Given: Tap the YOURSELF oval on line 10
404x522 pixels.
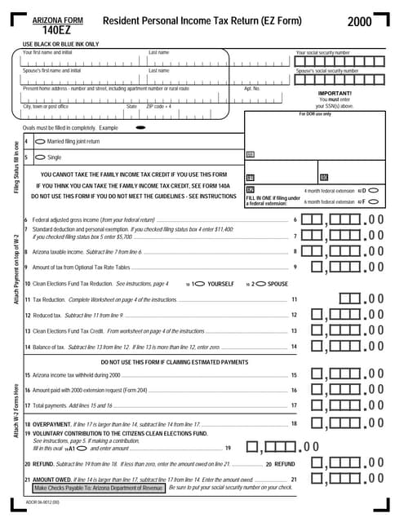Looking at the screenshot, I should click(197, 284).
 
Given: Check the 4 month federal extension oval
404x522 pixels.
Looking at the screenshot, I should click(374, 190).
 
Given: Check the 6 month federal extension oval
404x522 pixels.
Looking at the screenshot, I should click(374, 201).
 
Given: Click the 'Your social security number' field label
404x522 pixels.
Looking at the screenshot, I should click(322, 52).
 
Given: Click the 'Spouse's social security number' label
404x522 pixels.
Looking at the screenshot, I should click(326, 71).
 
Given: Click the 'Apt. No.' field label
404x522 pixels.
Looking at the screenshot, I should click(251, 88).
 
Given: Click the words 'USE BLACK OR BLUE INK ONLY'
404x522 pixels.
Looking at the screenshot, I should click(60, 44).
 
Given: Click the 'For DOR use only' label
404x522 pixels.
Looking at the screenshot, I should click(315, 114).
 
